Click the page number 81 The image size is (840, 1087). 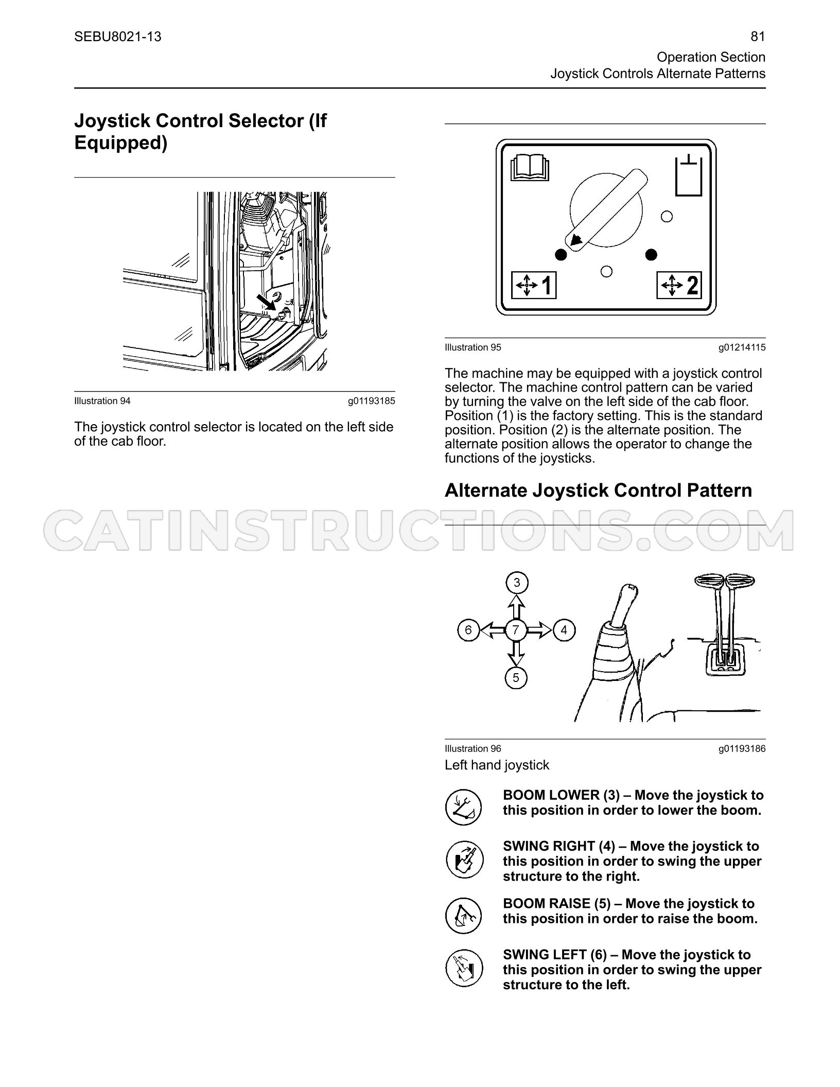[x=758, y=37]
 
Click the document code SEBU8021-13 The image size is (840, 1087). [x=118, y=37]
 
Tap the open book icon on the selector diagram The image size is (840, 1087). [x=530, y=168]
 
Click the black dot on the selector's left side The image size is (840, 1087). [x=561, y=254]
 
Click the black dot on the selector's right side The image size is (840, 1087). [x=651, y=254]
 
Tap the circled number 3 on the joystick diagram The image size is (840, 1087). [x=517, y=583]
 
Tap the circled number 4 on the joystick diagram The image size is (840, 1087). [x=564, y=630]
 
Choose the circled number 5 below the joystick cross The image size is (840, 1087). [x=516, y=678]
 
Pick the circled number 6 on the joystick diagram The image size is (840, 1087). [x=468, y=630]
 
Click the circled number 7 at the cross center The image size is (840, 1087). [x=516, y=630]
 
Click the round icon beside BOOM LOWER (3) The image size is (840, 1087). [x=464, y=808]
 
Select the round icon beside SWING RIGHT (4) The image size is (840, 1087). [x=464, y=860]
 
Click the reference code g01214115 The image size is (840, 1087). [x=742, y=348]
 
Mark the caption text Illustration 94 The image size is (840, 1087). [x=102, y=401]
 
